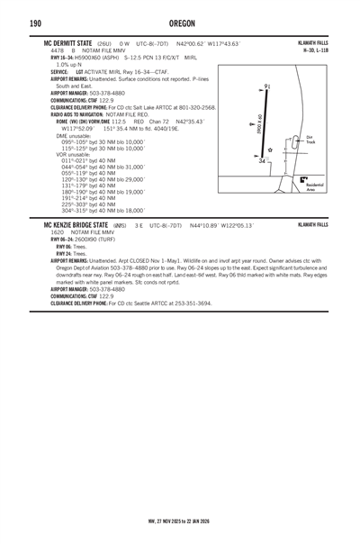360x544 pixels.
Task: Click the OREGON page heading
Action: click(180, 23)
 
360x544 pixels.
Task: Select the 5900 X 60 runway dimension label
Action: click(259, 123)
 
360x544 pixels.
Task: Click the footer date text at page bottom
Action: click(180, 520)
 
